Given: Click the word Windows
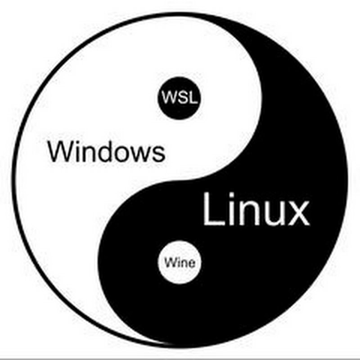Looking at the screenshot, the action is (106, 152).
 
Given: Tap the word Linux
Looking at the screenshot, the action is (256, 209).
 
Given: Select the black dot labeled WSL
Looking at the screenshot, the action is (179, 98).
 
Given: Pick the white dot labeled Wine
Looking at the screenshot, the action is (180, 262).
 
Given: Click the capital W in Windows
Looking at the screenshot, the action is (58, 152).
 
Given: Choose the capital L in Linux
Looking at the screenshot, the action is (213, 209).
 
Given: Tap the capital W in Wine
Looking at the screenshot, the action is (170, 262).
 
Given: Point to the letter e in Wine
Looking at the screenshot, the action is (191, 264).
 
